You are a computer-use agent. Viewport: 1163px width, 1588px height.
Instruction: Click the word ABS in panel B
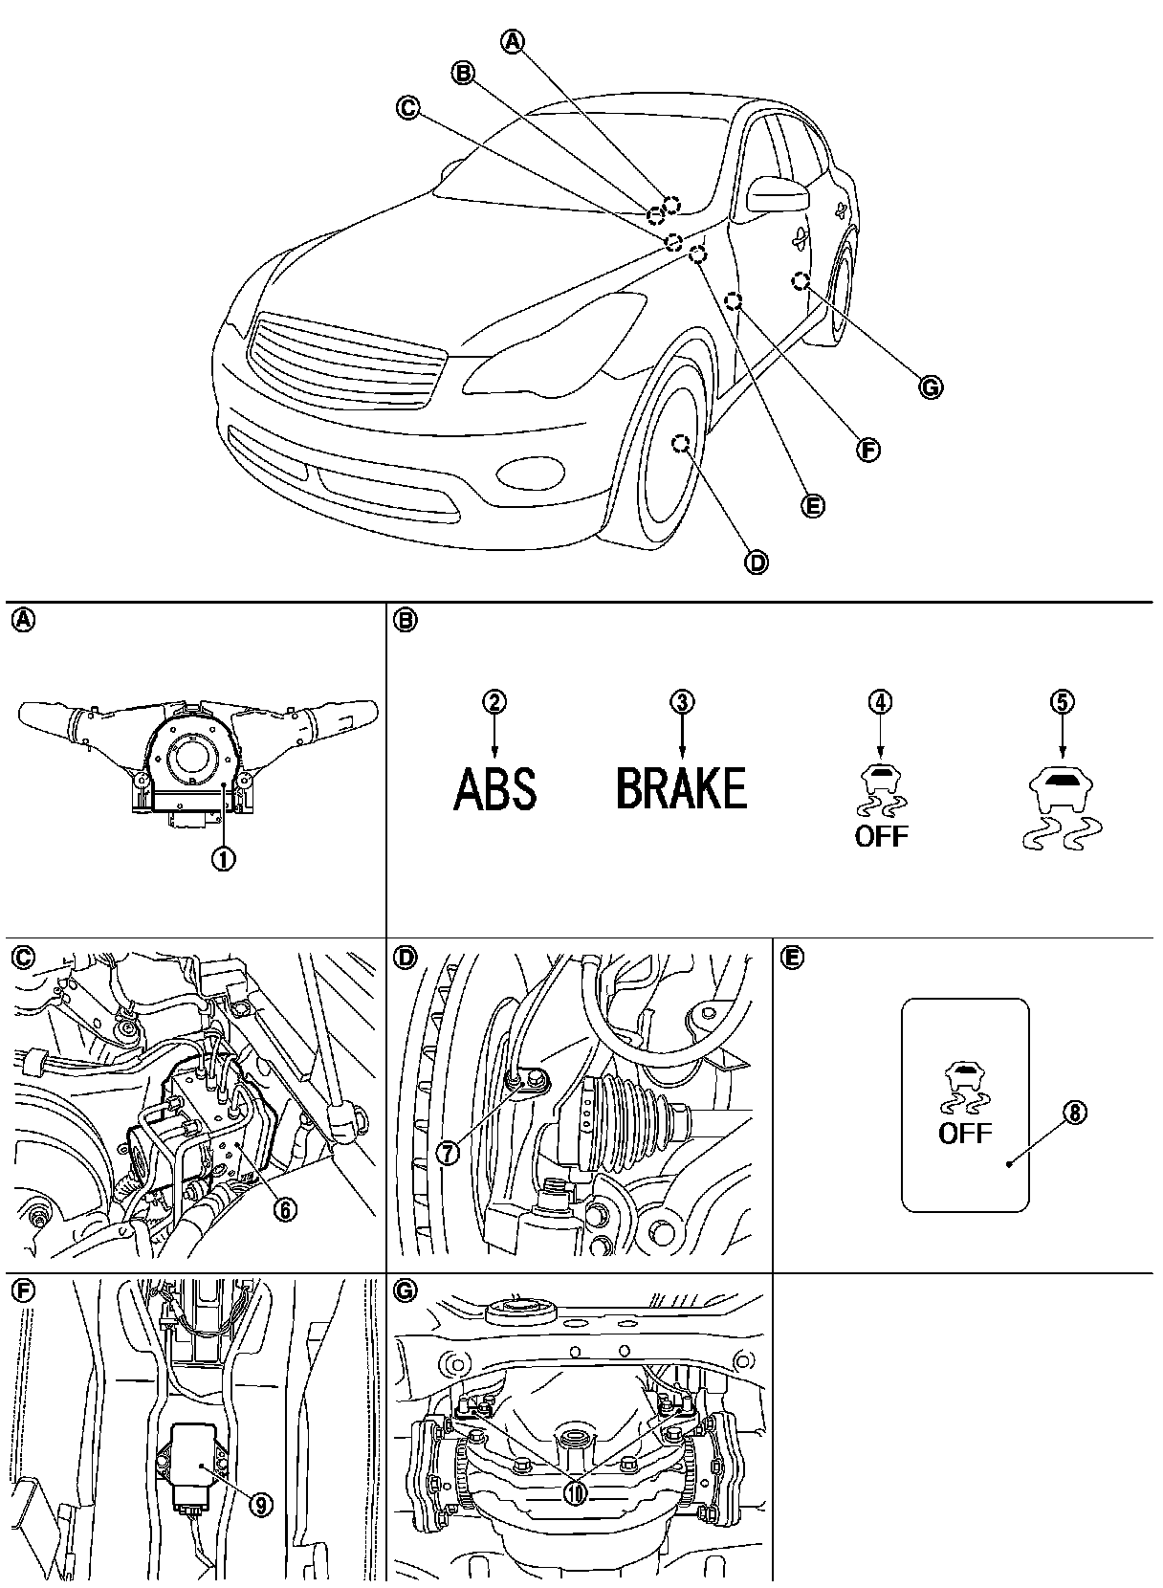click(x=494, y=790)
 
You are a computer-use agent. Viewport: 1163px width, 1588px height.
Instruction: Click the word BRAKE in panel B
click(x=681, y=790)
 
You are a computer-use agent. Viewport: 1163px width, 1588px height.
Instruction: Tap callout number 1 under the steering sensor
click(x=223, y=858)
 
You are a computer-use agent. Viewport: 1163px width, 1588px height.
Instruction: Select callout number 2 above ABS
click(x=494, y=702)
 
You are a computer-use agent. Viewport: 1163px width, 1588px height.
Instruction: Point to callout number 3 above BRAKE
click(x=681, y=702)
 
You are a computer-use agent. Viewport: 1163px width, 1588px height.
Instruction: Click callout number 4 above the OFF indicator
click(x=880, y=702)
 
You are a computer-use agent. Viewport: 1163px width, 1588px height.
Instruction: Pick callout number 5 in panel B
click(x=1062, y=702)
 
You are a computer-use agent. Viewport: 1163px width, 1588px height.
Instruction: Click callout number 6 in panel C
click(x=283, y=1208)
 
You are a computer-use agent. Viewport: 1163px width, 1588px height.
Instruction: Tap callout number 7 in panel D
click(x=448, y=1153)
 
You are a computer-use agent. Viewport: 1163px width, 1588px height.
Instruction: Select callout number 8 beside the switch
click(x=1075, y=1114)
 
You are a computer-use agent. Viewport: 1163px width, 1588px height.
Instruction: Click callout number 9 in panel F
click(x=259, y=1505)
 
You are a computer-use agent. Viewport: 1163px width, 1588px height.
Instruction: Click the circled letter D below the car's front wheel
click(x=756, y=562)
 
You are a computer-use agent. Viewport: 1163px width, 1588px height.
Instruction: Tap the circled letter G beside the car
click(x=930, y=387)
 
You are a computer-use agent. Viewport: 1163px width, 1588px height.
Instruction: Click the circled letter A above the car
click(x=514, y=41)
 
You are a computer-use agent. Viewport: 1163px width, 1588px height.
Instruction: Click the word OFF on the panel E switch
click(x=965, y=1134)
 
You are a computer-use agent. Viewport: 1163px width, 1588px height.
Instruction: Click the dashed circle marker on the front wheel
click(x=681, y=444)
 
